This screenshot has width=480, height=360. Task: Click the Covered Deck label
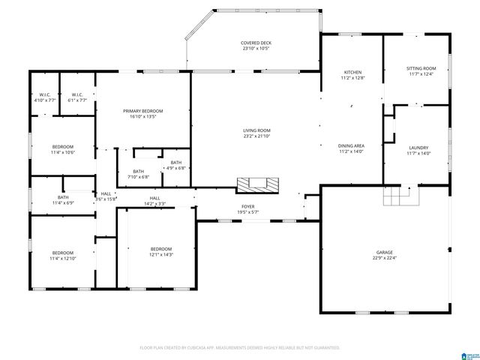coord(256,43)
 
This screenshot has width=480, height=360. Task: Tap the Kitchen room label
coord(352,72)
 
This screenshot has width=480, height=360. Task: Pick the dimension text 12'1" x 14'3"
coord(161,255)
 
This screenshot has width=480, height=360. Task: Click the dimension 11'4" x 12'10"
coord(62,259)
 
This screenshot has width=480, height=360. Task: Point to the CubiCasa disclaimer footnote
coord(240,347)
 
